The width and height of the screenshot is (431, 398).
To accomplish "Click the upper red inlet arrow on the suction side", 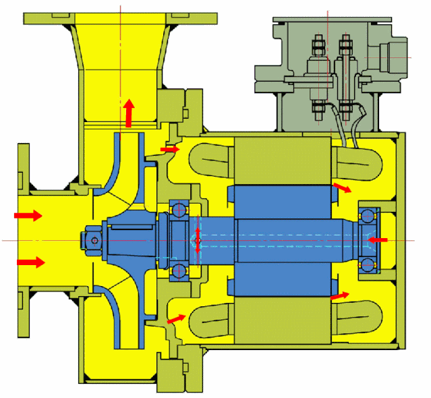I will click(x=28, y=215).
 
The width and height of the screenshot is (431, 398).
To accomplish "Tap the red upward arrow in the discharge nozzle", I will click(x=128, y=113).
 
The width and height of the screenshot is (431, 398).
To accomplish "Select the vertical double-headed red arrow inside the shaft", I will click(x=198, y=240).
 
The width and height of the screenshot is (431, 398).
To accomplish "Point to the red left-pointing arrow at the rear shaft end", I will click(x=378, y=239).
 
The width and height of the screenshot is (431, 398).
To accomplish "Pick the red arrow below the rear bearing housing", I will click(x=340, y=295).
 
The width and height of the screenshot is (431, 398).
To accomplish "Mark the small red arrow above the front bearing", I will click(x=170, y=148).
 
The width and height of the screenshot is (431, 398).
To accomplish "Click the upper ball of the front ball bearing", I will click(x=180, y=209).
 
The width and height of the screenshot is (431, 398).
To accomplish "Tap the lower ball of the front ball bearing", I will click(x=180, y=271).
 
